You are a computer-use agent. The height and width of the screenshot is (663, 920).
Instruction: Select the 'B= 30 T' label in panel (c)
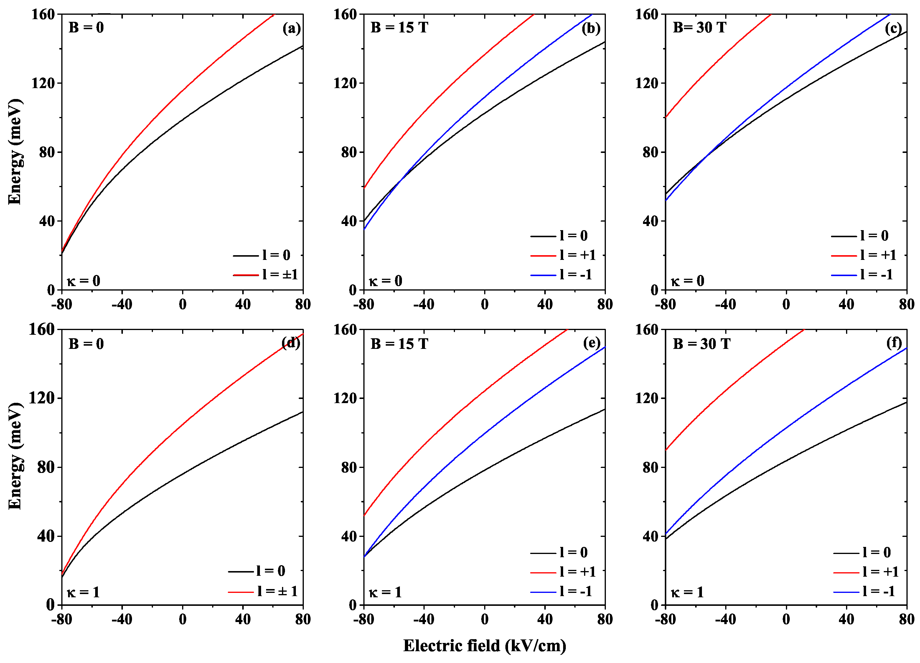point(699,28)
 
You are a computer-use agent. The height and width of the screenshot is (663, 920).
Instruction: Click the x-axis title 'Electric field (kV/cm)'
point(484,646)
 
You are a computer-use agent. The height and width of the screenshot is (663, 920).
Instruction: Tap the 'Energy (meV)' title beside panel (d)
point(15,456)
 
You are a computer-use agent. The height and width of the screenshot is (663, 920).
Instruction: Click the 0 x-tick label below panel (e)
point(484,619)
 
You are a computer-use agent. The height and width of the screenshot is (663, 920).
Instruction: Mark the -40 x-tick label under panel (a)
point(122,304)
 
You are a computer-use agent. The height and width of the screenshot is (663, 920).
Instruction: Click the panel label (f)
point(894,343)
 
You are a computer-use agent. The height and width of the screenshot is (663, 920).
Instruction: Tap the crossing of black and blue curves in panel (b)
point(400,180)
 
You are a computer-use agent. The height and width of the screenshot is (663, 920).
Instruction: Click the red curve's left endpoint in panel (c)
point(666,117)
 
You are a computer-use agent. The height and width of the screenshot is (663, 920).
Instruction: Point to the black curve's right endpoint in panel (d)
point(303,413)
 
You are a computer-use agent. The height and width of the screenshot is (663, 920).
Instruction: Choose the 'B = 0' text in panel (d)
point(86,344)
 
